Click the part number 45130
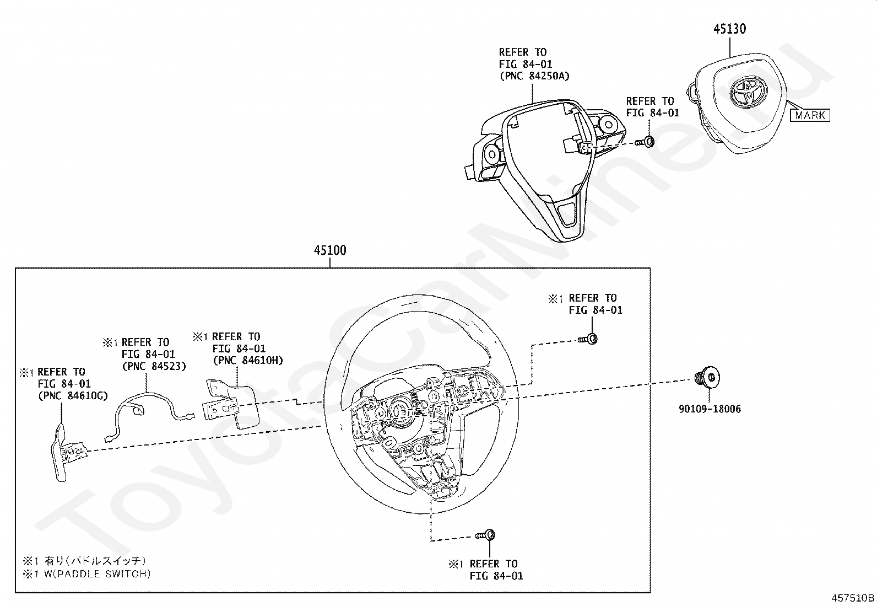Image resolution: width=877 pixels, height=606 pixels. click(729, 29)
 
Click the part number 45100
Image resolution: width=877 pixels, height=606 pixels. click(330, 250)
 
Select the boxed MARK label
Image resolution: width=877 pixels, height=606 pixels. click(810, 115)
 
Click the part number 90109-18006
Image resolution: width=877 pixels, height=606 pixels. click(710, 409)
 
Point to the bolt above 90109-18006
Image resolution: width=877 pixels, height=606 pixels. click(707, 377)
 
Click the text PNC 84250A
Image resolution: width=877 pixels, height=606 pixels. click(534, 76)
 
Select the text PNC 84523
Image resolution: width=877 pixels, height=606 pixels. click(154, 366)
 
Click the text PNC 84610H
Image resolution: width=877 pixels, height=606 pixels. click(248, 360)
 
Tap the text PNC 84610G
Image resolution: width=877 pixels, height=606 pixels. click(73, 396)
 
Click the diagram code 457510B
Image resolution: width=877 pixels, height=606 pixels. click(853, 598)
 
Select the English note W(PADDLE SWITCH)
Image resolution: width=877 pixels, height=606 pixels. click(97, 574)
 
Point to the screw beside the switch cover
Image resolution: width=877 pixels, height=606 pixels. click(645, 142)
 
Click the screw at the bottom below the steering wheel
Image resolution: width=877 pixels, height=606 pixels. click(485, 535)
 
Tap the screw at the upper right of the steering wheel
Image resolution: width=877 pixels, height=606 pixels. click(588, 339)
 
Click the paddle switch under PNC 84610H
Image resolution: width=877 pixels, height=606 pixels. click(231, 404)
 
